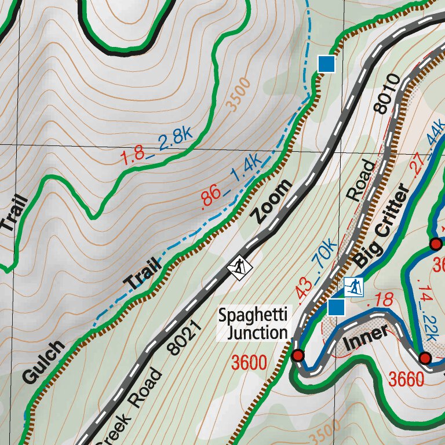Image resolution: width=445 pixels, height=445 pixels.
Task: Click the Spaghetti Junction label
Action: [x=253, y=324]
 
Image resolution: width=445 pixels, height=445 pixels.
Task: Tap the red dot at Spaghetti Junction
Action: [x=298, y=355]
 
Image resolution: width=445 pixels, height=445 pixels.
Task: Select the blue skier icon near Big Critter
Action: [x=353, y=286]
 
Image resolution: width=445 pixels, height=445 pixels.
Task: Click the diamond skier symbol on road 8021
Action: [x=239, y=267]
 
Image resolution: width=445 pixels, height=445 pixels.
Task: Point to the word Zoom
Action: [x=272, y=201]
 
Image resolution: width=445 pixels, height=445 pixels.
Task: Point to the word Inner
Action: [x=365, y=338]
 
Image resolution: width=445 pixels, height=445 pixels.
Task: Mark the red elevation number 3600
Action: [x=249, y=363]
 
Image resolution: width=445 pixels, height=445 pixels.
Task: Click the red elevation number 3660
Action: [x=407, y=380]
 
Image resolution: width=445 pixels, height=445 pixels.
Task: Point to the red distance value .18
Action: [x=380, y=301]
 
